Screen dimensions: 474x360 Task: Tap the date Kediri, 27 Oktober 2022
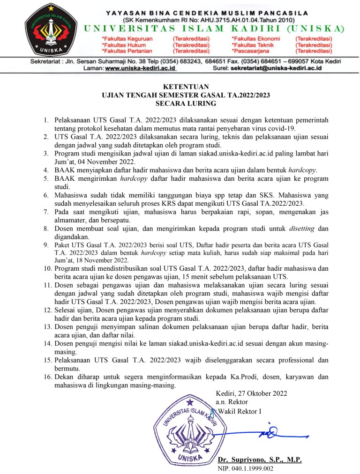pyautogui.click(x=251, y=393)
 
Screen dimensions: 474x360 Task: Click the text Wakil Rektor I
pyautogui.click(x=240, y=411)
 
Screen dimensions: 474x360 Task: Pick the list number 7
pyautogui.click(x=46, y=212)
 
